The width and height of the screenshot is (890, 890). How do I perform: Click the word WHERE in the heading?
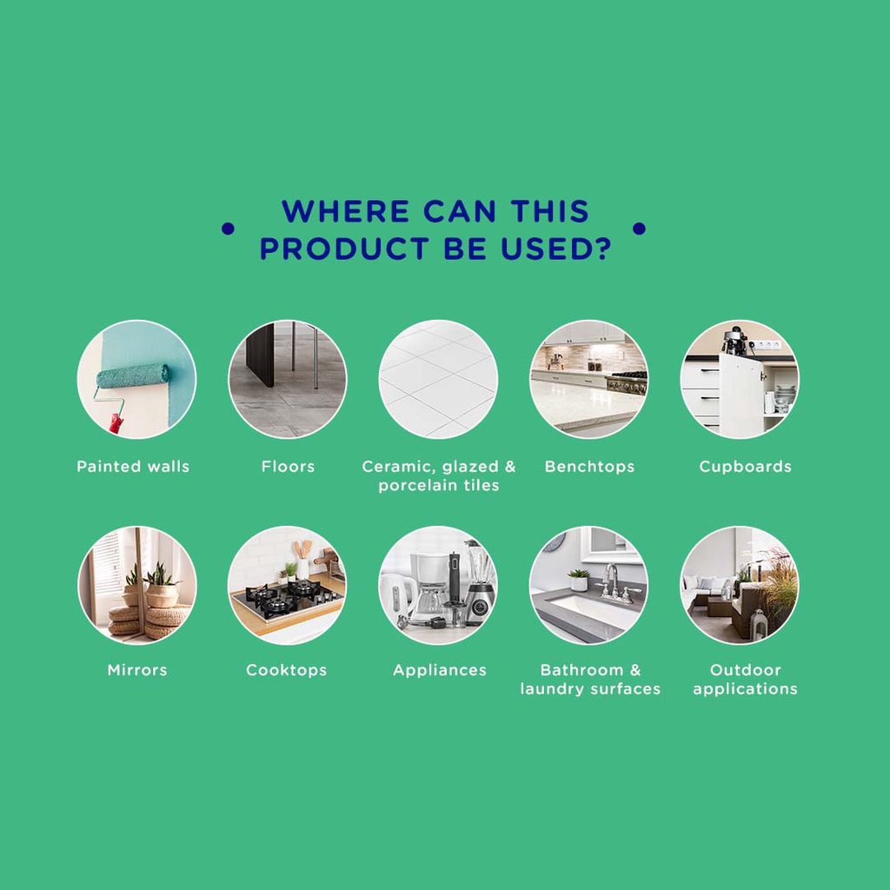click(x=345, y=211)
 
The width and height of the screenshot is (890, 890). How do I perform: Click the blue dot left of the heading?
click(x=228, y=229)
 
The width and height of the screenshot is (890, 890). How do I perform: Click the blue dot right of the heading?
click(x=639, y=229)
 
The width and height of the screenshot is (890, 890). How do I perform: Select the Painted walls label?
click(x=133, y=467)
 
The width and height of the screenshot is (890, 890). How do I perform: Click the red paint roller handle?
click(x=117, y=423)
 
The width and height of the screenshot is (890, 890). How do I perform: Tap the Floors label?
click(x=288, y=467)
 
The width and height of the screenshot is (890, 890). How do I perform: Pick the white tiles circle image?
click(x=438, y=379)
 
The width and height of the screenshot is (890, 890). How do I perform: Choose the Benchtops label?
click(x=590, y=467)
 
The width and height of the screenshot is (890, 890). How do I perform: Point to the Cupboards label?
click(x=745, y=467)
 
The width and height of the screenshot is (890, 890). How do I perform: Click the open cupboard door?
click(x=741, y=395)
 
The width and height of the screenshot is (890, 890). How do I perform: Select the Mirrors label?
click(x=137, y=670)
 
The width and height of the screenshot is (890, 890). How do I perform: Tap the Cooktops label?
click(x=287, y=670)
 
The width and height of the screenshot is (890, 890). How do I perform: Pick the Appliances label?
click(x=440, y=670)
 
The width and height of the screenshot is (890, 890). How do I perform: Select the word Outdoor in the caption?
click(x=745, y=670)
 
